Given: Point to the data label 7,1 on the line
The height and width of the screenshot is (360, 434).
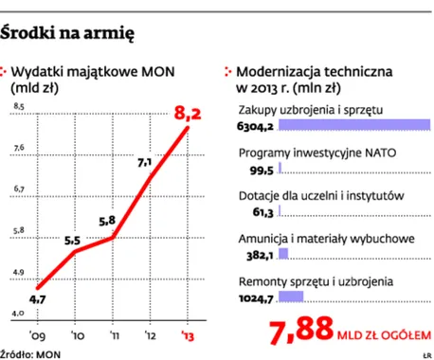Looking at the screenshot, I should pyautogui.click(x=146, y=163).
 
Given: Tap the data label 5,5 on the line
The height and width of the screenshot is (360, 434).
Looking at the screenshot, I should pyautogui.click(x=72, y=241).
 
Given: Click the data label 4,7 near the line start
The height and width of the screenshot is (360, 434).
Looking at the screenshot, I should pyautogui.click(x=37, y=299).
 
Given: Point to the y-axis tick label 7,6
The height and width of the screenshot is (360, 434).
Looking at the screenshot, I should pyautogui.click(x=17, y=147).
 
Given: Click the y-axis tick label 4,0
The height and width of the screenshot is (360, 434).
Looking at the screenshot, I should pyautogui.click(x=17, y=313).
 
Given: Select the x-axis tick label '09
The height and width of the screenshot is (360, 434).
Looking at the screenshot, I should pyautogui.click(x=39, y=333).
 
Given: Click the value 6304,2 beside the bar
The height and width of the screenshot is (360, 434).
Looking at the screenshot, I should pyautogui.click(x=255, y=126).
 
